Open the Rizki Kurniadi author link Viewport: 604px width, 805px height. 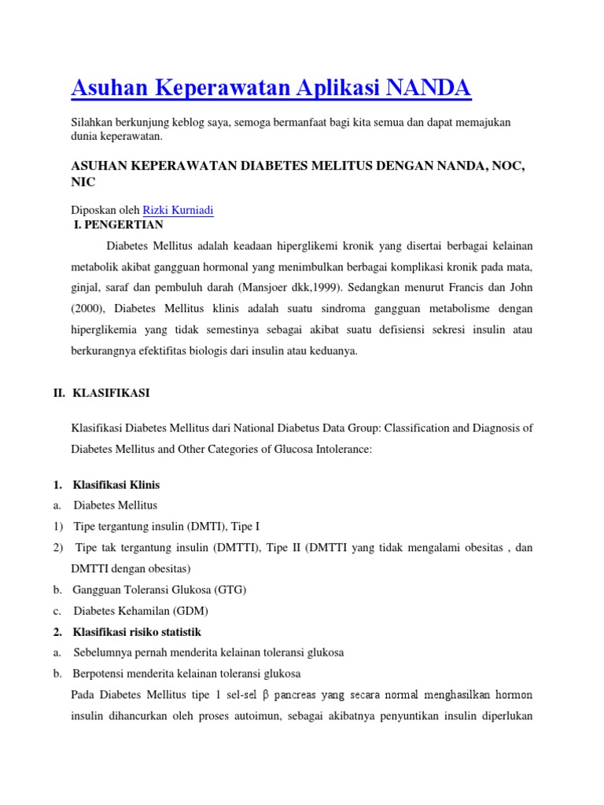178,210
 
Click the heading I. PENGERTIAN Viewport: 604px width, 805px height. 117,225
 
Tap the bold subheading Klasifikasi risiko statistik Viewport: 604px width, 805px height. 137,632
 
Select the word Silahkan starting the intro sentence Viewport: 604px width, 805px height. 93,123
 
